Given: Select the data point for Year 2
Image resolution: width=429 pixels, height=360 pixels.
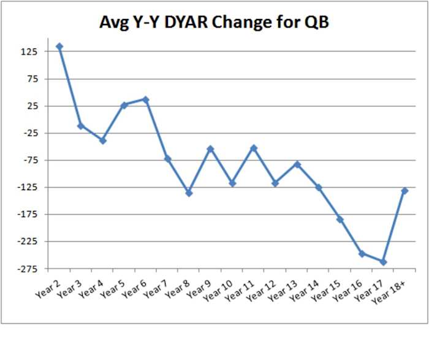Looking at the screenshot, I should (59, 47).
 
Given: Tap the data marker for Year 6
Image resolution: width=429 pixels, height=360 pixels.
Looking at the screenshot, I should (146, 99).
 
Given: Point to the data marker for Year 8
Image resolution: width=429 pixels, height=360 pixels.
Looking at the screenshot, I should (189, 193).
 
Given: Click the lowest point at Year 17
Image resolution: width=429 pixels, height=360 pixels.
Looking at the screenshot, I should (383, 262).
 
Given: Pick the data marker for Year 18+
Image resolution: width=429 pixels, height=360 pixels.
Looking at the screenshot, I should (404, 191).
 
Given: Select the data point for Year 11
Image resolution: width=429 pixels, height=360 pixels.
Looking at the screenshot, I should (254, 148).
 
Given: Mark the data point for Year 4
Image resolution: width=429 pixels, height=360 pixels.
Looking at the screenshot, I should (103, 140).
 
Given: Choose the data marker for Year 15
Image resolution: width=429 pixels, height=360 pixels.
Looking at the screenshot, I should (340, 220).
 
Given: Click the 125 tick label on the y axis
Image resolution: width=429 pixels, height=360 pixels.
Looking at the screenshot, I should (29, 52).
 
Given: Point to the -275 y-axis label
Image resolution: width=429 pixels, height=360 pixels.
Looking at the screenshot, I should (27, 269).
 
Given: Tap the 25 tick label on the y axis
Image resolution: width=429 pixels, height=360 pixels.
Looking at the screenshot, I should (31, 106).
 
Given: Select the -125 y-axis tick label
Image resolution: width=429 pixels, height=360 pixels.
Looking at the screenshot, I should (27, 188).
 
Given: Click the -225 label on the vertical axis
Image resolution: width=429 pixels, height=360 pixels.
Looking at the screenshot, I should (27, 242).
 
